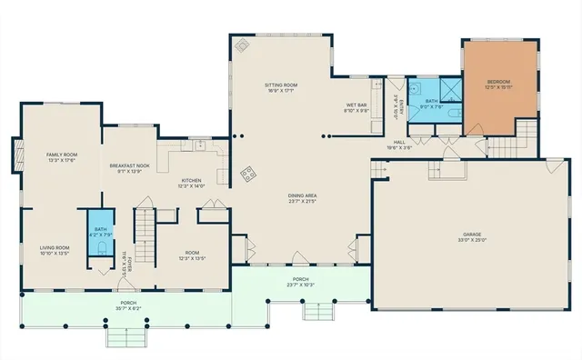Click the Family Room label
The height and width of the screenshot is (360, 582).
coord(62,155)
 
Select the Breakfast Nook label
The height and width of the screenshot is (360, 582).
coord(129,165)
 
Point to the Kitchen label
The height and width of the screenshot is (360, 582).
coord(191,181)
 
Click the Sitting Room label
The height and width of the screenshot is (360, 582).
coord(281,85)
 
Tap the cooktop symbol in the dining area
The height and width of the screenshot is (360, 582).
coord(246,175)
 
